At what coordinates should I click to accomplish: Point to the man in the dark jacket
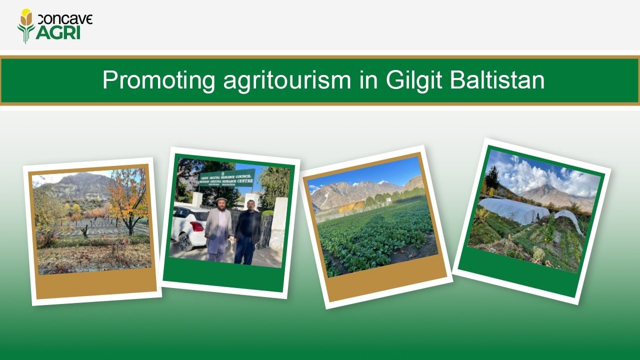(248, 230)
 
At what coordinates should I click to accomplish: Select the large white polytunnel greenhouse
(512, 210)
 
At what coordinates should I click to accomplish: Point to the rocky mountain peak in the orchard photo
(80, 180)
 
